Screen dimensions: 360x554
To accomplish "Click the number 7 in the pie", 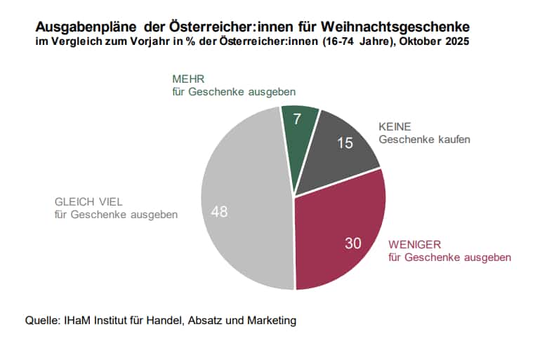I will click(298, 119).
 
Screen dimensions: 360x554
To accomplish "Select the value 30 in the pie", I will click(353, 244).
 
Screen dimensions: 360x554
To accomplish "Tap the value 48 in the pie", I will click(219, 211).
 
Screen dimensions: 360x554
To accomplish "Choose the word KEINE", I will click(395, 127).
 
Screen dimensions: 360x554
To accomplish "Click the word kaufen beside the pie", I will click(451, 140).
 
